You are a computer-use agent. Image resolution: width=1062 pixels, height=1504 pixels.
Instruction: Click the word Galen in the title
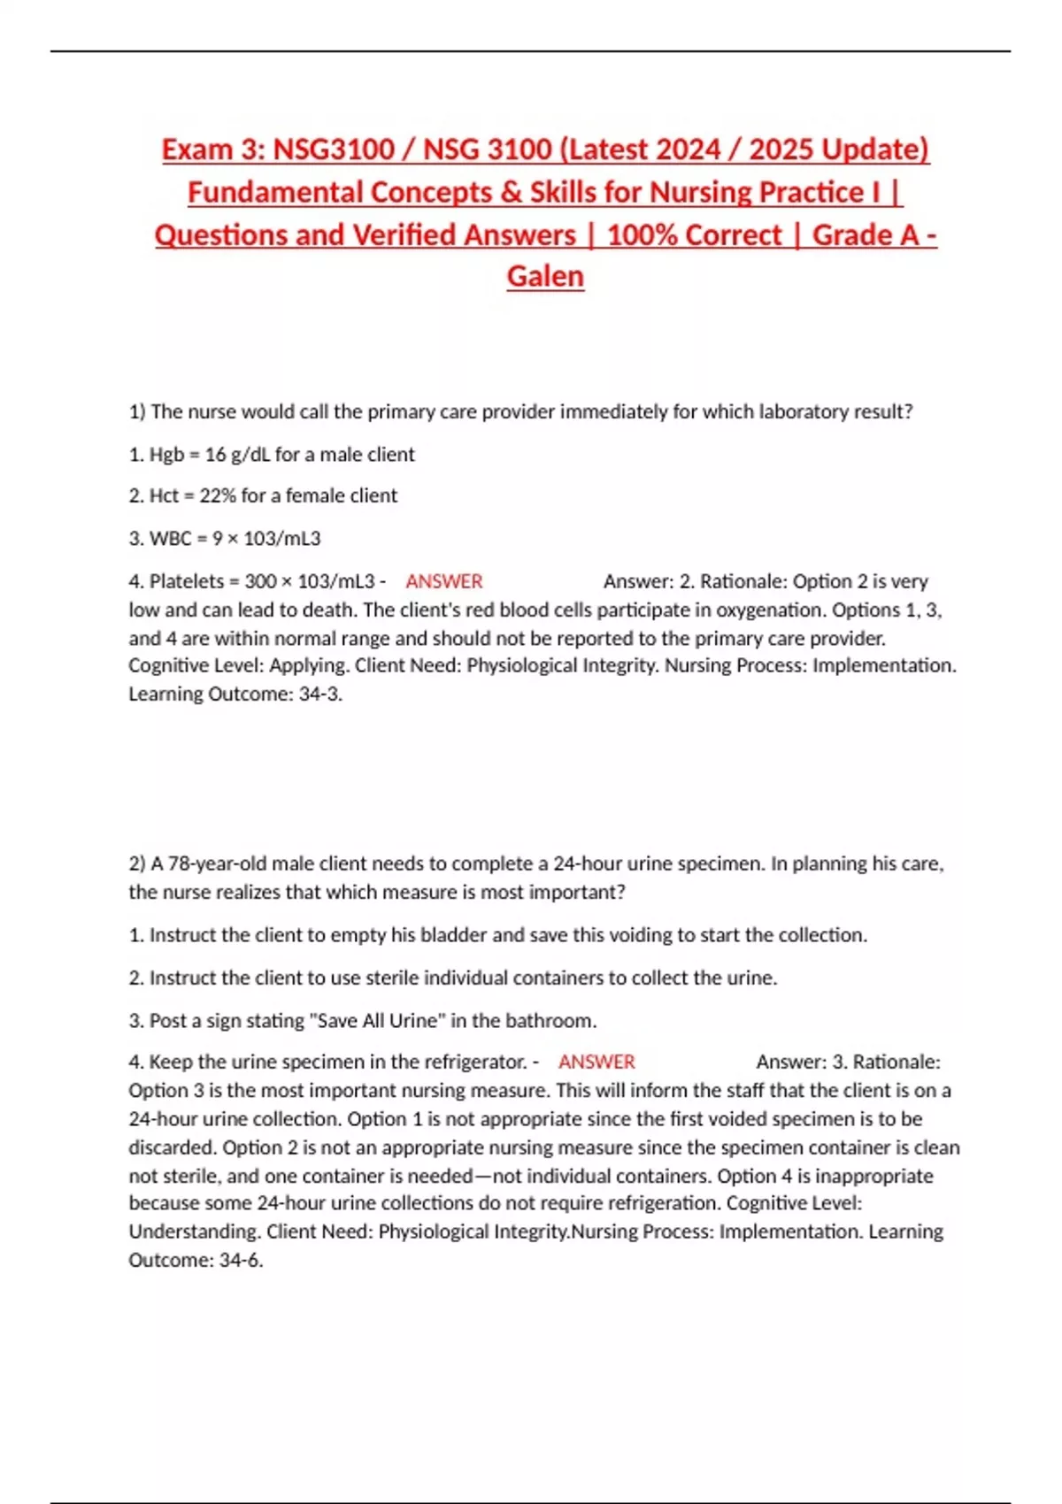[545, 276]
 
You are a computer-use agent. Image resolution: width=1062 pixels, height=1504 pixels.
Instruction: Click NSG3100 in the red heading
[334, 149]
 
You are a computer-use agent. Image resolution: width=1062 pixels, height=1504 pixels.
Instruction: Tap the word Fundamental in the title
[275, 192]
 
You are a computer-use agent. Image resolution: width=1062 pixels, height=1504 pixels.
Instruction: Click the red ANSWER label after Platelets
[444, 581]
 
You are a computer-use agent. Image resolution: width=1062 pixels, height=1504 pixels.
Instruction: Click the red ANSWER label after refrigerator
[596, 1062]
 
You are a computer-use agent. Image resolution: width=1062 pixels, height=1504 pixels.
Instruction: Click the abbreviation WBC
[170, 538]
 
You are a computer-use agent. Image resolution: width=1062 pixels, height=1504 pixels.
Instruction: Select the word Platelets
[187, 581]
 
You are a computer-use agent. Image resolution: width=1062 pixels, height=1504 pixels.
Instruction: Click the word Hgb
[166, 455]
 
